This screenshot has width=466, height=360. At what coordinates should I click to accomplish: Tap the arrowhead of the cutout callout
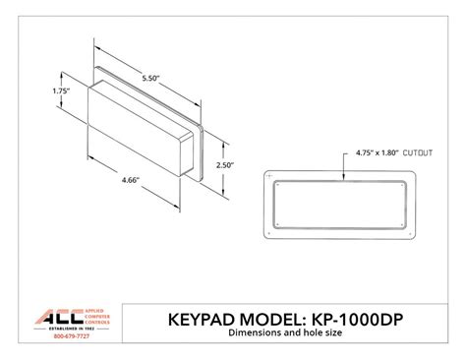[344, 177]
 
